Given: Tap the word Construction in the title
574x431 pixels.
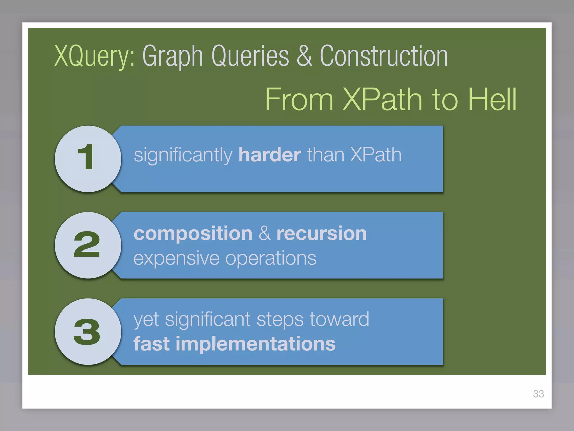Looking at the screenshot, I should click(384, 56).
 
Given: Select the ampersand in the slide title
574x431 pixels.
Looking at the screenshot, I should click(304, 56).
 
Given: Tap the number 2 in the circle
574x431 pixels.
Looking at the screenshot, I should click(87, 244).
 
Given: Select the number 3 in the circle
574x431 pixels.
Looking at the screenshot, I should click(87, 332).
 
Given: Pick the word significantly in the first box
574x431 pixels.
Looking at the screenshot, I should click(183, 155).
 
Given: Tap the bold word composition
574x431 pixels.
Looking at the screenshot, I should click(193, 234).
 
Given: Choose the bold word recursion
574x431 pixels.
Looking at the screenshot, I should click(321, 233).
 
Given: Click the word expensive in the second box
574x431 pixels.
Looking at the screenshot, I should click(176, 258).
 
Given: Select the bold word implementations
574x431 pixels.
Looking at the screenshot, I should click(255, 344).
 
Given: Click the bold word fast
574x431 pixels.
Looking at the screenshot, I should click(152, 344).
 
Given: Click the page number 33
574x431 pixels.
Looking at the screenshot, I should click(538, 394).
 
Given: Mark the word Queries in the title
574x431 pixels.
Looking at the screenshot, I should click(250, 56).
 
